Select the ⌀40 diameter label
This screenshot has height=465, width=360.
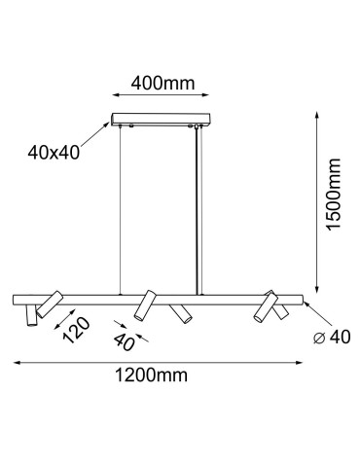[x=331, y=337]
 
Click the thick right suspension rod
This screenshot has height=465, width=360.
[x=198, y=209]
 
